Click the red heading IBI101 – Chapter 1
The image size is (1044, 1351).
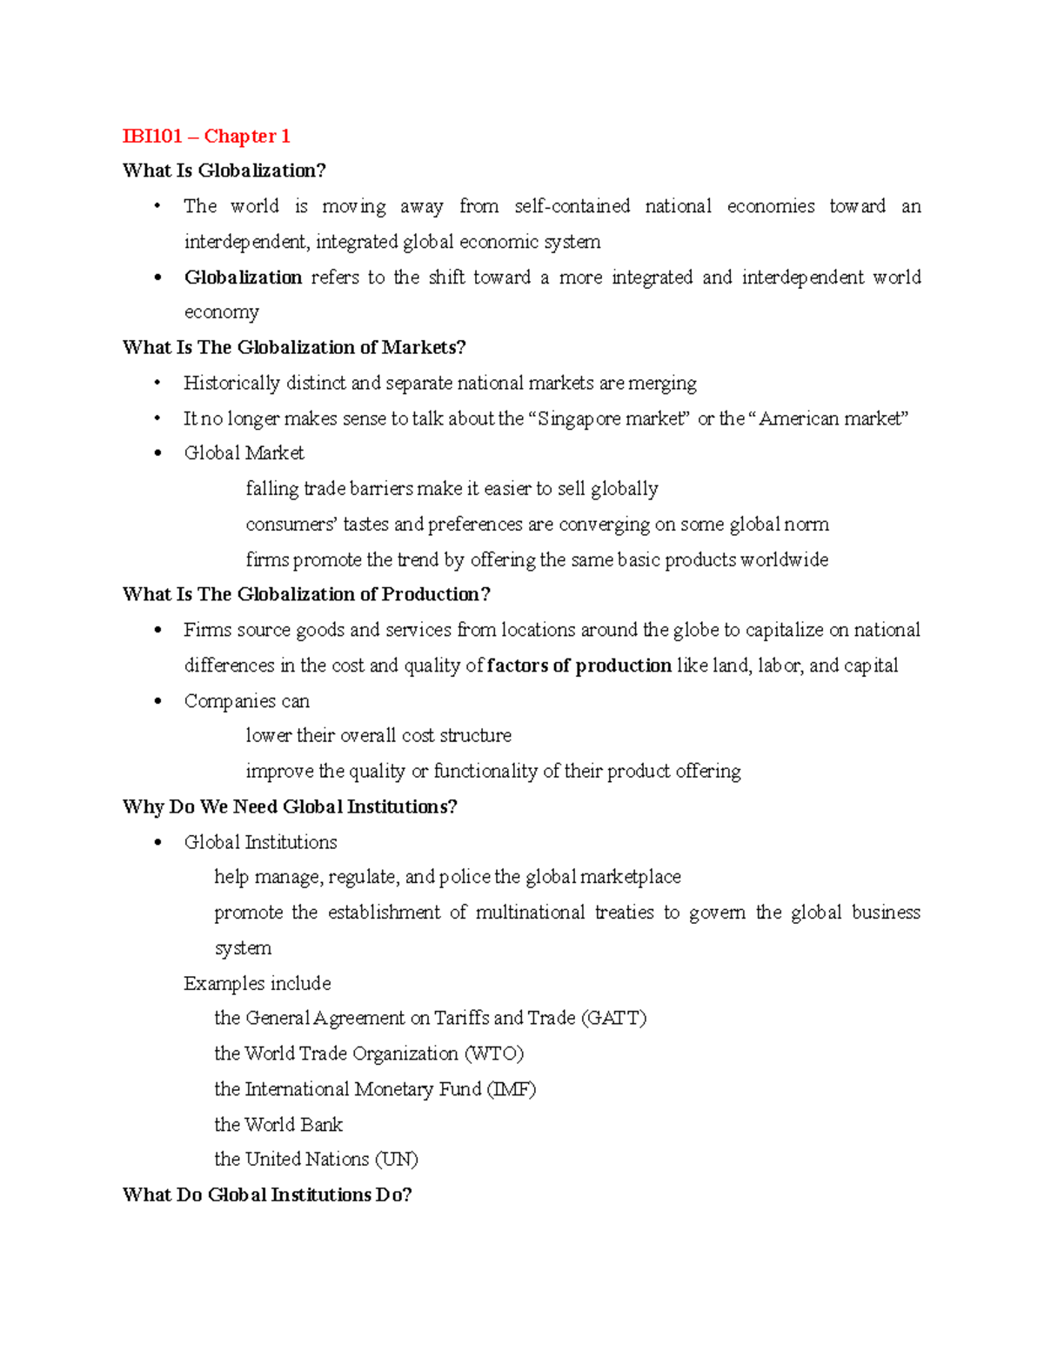206,136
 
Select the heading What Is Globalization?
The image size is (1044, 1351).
224,171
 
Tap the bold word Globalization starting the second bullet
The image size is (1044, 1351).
243,278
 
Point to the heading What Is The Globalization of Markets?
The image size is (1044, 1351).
294,347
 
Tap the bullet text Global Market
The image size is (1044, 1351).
244,453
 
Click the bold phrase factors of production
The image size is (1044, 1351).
579,665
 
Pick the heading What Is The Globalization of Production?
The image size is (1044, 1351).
306,594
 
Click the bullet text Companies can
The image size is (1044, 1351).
246,701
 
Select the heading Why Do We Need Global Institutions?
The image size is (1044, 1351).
290,806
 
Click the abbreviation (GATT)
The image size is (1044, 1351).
613,1018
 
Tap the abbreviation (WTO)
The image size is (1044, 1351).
494,1053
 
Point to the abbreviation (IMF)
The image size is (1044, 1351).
511,1089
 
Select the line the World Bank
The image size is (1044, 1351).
278,1124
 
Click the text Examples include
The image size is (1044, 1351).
258,983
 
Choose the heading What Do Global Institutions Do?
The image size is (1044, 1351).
267,1194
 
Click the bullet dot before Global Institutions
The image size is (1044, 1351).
157,842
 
